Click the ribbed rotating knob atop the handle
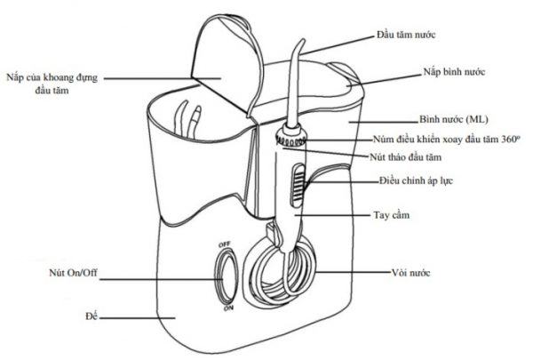click(290, 138)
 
